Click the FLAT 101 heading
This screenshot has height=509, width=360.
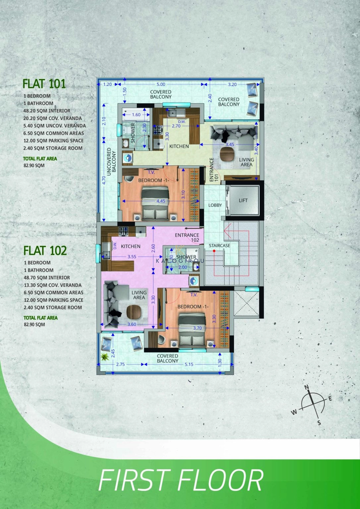coord(44,84)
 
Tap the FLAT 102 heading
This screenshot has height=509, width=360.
coord(45,251)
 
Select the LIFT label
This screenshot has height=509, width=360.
coord(243,200)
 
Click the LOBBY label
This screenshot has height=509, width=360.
coord(215,205)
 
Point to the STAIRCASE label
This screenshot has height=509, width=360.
coord(219,246)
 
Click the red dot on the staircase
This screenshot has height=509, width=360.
coord(214,251)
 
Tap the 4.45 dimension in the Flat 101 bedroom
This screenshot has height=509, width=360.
coord(161,201)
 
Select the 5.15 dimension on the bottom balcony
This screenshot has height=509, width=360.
coord(189,364)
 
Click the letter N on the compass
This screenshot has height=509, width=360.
coord(307,387)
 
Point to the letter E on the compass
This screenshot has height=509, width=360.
coord(330,399)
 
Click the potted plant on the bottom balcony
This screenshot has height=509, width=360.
coord(104,357)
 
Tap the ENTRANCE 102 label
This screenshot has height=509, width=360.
coord(187,238)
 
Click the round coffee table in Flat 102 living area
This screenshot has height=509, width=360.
coord(132,311)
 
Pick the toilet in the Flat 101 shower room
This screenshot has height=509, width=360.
coord(126,130)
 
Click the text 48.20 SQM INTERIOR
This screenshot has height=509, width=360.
coord(47,111)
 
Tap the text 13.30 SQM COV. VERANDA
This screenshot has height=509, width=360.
coord(53,285)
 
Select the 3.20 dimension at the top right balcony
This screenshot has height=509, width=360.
coord(232,84)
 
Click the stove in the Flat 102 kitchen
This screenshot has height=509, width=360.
coord(123,231)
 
